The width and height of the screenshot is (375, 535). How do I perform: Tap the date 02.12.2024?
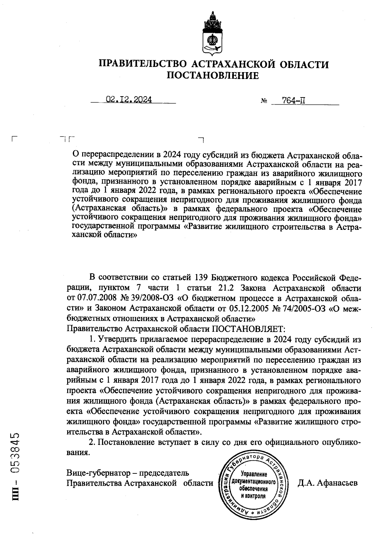click(x=129, y=100)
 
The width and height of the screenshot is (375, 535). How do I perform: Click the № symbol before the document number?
click(x=263, y=101)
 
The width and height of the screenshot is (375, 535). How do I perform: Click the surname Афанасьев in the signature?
click(x=337, y=483)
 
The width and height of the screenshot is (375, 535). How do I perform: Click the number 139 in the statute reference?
click(x=198, y=277)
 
